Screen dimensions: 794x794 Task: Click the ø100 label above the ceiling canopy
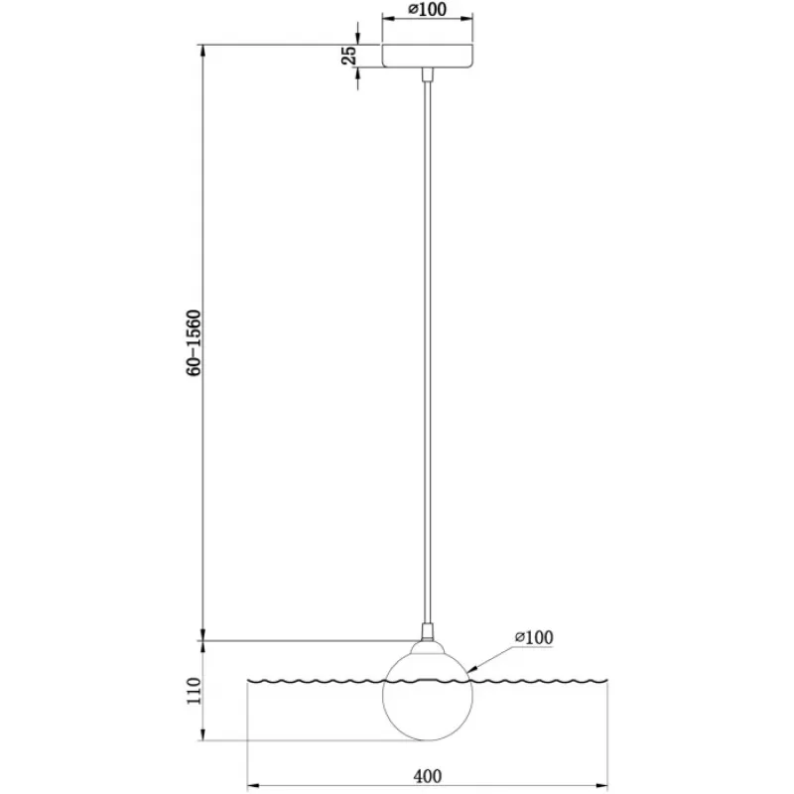coord(428,9)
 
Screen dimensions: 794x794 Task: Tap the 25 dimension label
coord(349,56)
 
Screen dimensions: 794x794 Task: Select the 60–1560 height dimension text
coord(194,342)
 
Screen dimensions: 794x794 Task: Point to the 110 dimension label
coord(194,690)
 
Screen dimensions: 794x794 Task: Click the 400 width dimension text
coord(428,775)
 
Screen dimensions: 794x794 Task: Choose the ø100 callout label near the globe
coord(534,637)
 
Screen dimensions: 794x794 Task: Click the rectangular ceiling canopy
coord(428,56)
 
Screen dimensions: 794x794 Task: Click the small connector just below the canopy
coord(428,73)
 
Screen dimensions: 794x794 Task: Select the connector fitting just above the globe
coord(428,632)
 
